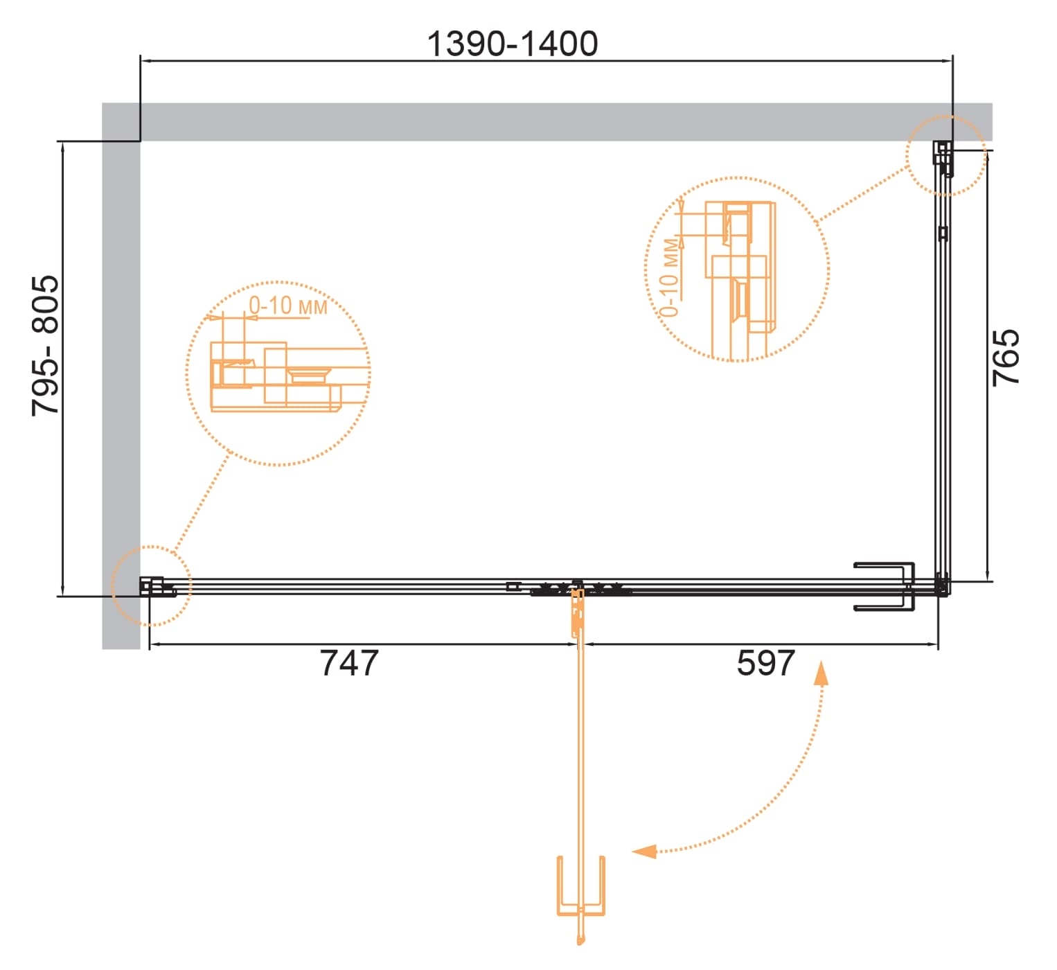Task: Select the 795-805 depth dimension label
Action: coord(45,346)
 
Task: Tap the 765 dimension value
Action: coord(1006,358)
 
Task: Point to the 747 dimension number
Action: coord(349,662)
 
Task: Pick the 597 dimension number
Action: coord(765,662)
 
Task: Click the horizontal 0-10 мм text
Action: coord(287,306)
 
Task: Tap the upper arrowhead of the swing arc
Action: coord(821,674)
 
